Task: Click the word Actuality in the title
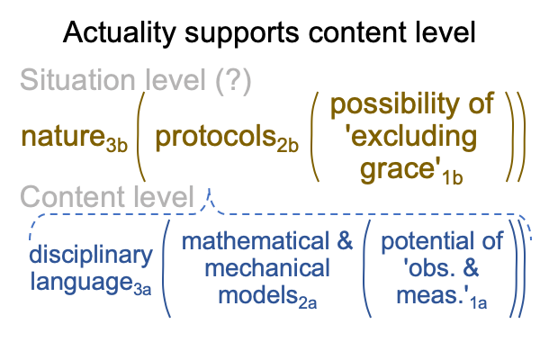[120, 33]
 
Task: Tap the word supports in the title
[242, 34]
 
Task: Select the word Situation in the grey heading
[77, 79]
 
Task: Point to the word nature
[63, 137]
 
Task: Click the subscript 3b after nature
[116, 146]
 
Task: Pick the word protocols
[216, 137]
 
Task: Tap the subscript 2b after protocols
[288, 146]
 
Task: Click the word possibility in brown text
[391, 103]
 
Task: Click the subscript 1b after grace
[452, 178]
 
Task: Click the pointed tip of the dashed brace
[209, 189]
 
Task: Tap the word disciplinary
[91, 255]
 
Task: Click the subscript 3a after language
[142, 290]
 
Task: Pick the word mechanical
[267, 268]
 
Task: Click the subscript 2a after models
[308, 303]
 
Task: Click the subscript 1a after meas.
[479, 303]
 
